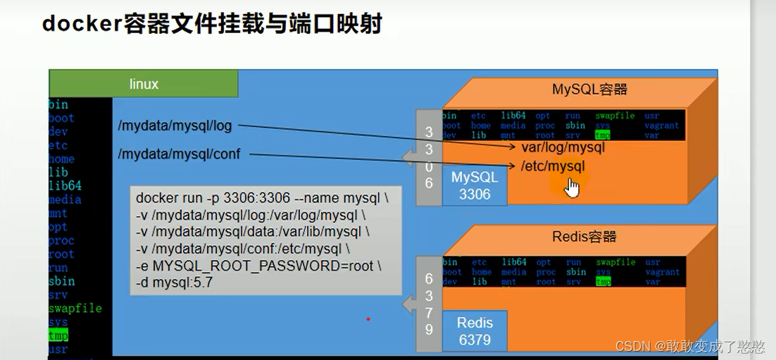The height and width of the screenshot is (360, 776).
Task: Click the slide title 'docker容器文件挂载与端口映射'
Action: coord(212,23)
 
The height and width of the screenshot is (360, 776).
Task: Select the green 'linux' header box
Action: coord(144,84)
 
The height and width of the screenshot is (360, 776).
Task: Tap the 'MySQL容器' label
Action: coord(589,89)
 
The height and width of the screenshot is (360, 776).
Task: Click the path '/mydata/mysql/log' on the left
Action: coord(175,126)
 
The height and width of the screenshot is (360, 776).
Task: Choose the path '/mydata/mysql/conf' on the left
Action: coord(179,154)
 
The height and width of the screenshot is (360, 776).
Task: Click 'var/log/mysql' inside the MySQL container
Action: coord(563,148)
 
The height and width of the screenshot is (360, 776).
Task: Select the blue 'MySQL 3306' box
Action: coord(474,185)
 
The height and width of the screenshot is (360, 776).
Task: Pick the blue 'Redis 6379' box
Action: coord(474,330)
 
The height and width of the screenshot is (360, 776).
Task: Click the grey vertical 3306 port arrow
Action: coord(428,157)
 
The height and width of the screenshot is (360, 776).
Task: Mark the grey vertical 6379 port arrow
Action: coord(428,304)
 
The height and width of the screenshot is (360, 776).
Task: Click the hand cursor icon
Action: coord(572,187)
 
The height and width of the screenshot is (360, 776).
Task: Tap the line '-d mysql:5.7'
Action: coord(174,284)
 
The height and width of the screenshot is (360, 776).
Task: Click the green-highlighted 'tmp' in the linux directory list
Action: coord(58,336)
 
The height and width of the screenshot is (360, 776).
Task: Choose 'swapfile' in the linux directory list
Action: coord(75,309)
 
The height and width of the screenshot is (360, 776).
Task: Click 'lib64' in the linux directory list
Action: coord(65,186)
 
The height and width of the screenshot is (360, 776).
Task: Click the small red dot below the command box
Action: coord(368,319)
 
